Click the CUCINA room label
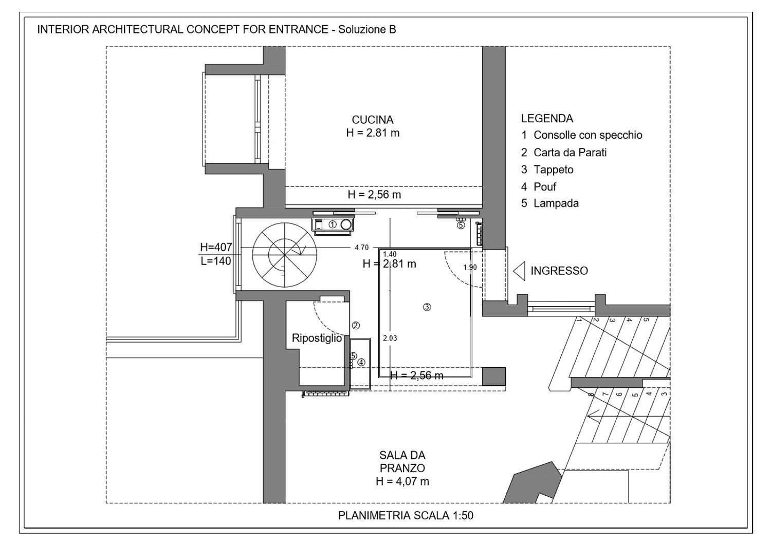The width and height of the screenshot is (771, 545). (373, 120)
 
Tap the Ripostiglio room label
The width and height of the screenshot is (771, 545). (317, 338)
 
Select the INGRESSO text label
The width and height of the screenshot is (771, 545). (559, 271)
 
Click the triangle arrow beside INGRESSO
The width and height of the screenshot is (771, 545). (519, 271)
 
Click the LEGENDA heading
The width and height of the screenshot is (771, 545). (547, 119)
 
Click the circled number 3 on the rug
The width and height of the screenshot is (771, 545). (427, 307)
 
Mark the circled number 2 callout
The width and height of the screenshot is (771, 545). (356, 325)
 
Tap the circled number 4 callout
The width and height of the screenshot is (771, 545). (361, 362)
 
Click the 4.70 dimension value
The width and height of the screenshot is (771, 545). (362, 247)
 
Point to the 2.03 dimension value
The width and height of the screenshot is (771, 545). (390, 339)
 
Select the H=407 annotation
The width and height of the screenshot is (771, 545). (216, 247)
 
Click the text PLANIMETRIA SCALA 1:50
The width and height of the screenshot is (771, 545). (406, 515)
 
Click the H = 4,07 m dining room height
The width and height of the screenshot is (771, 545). (402, 481)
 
